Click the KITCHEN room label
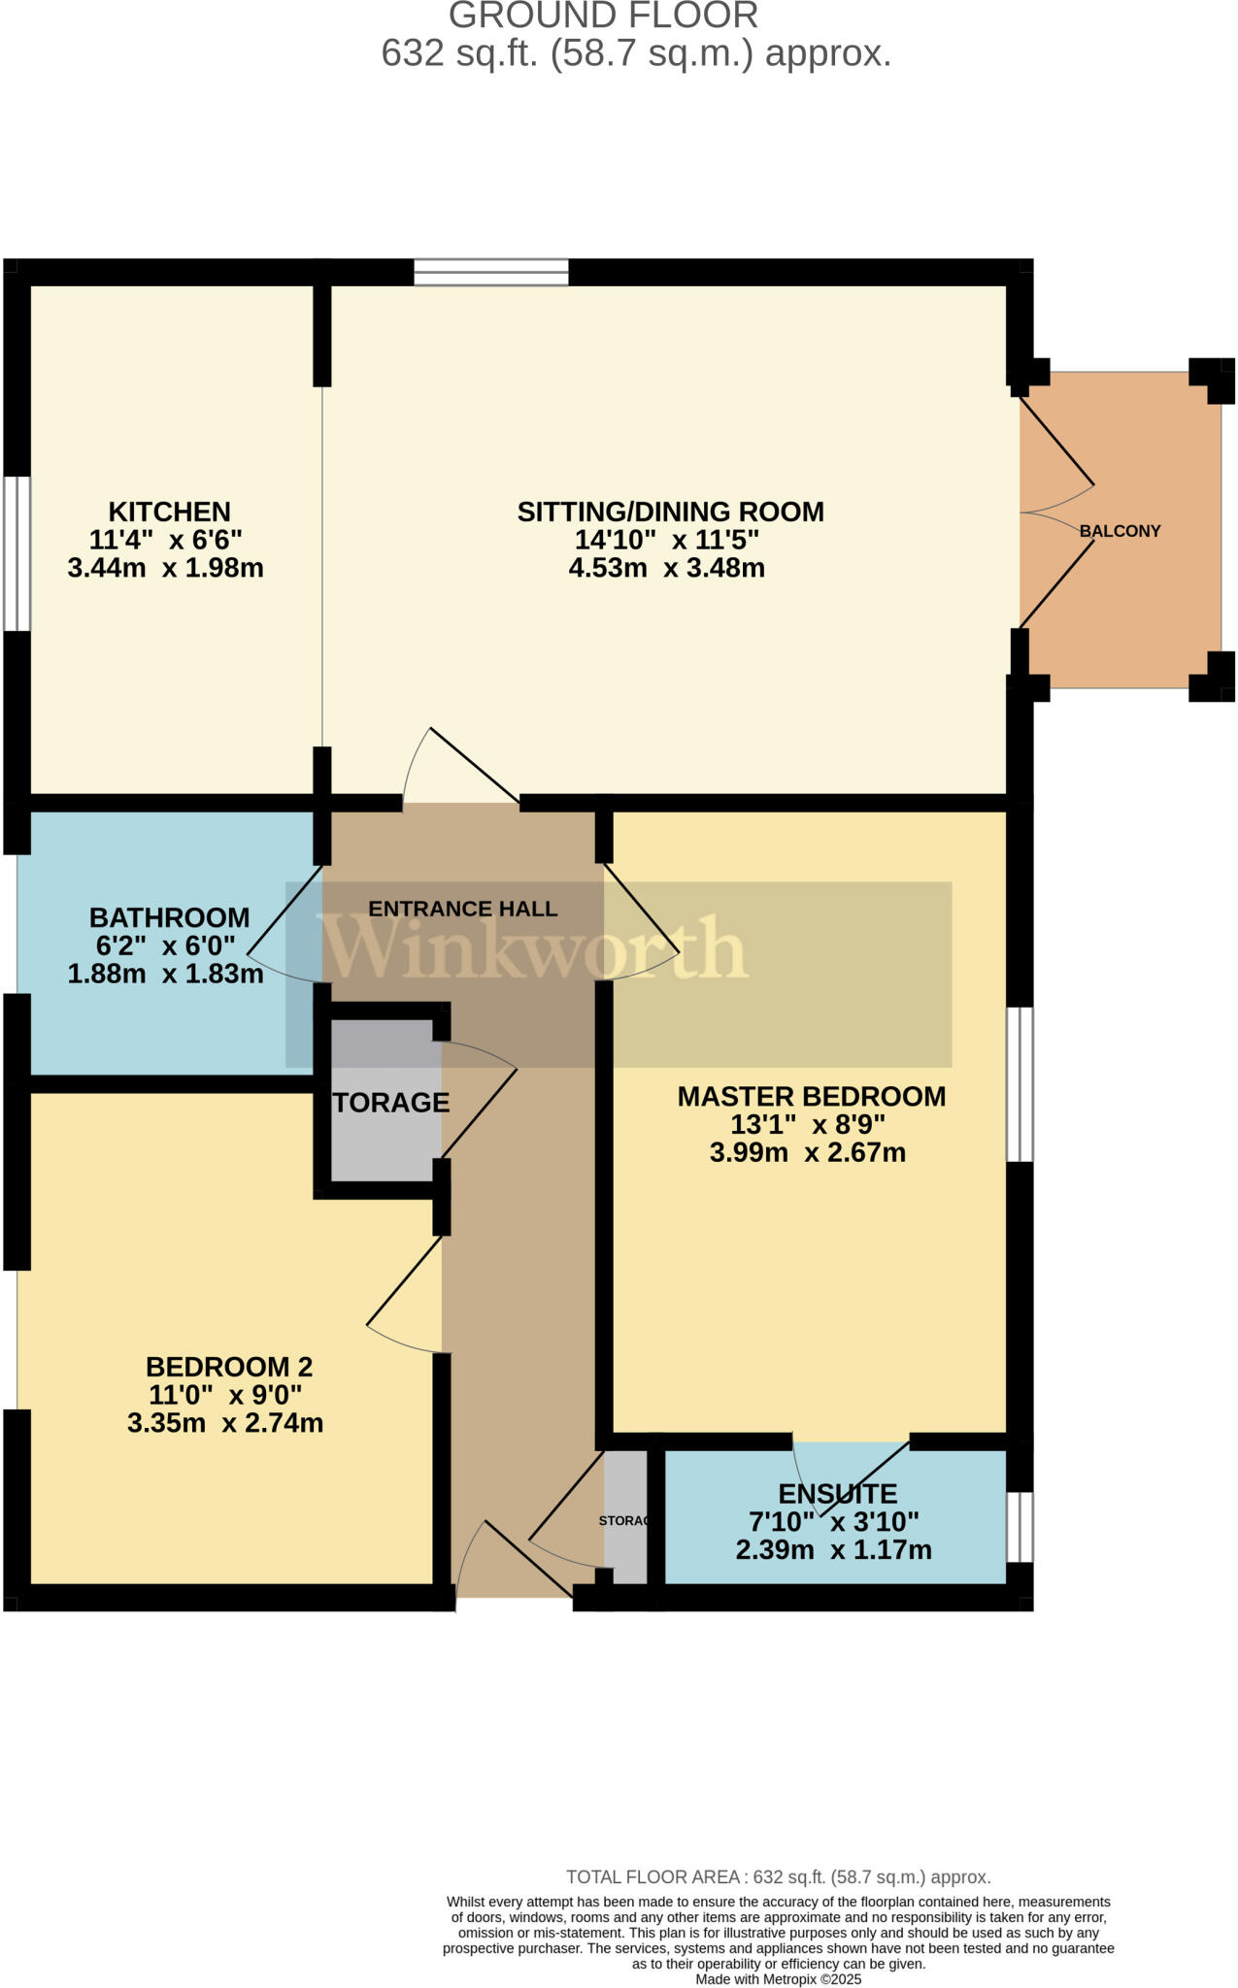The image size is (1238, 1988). click(169, 512)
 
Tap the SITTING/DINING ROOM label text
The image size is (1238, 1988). click(670, 512)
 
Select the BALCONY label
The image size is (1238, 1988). click(1120, 531)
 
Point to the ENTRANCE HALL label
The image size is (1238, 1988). click(462, 909)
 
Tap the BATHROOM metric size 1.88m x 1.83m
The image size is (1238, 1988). click(165, 974)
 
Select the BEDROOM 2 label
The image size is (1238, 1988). click(229, 1367)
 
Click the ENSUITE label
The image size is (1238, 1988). click(837, 1494)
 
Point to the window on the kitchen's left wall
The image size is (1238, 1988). click(17, 553)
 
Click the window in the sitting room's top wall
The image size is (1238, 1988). click(490, 272)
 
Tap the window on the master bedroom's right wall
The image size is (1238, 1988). click(1019, 1084)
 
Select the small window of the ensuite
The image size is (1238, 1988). click(1019, 1527)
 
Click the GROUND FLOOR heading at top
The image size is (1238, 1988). click(603, 16)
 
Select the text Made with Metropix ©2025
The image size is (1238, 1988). click(778, 1979)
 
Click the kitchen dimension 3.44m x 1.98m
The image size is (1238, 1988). click(165, 568)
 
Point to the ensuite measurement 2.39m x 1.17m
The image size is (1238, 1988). click(833, 1550)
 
